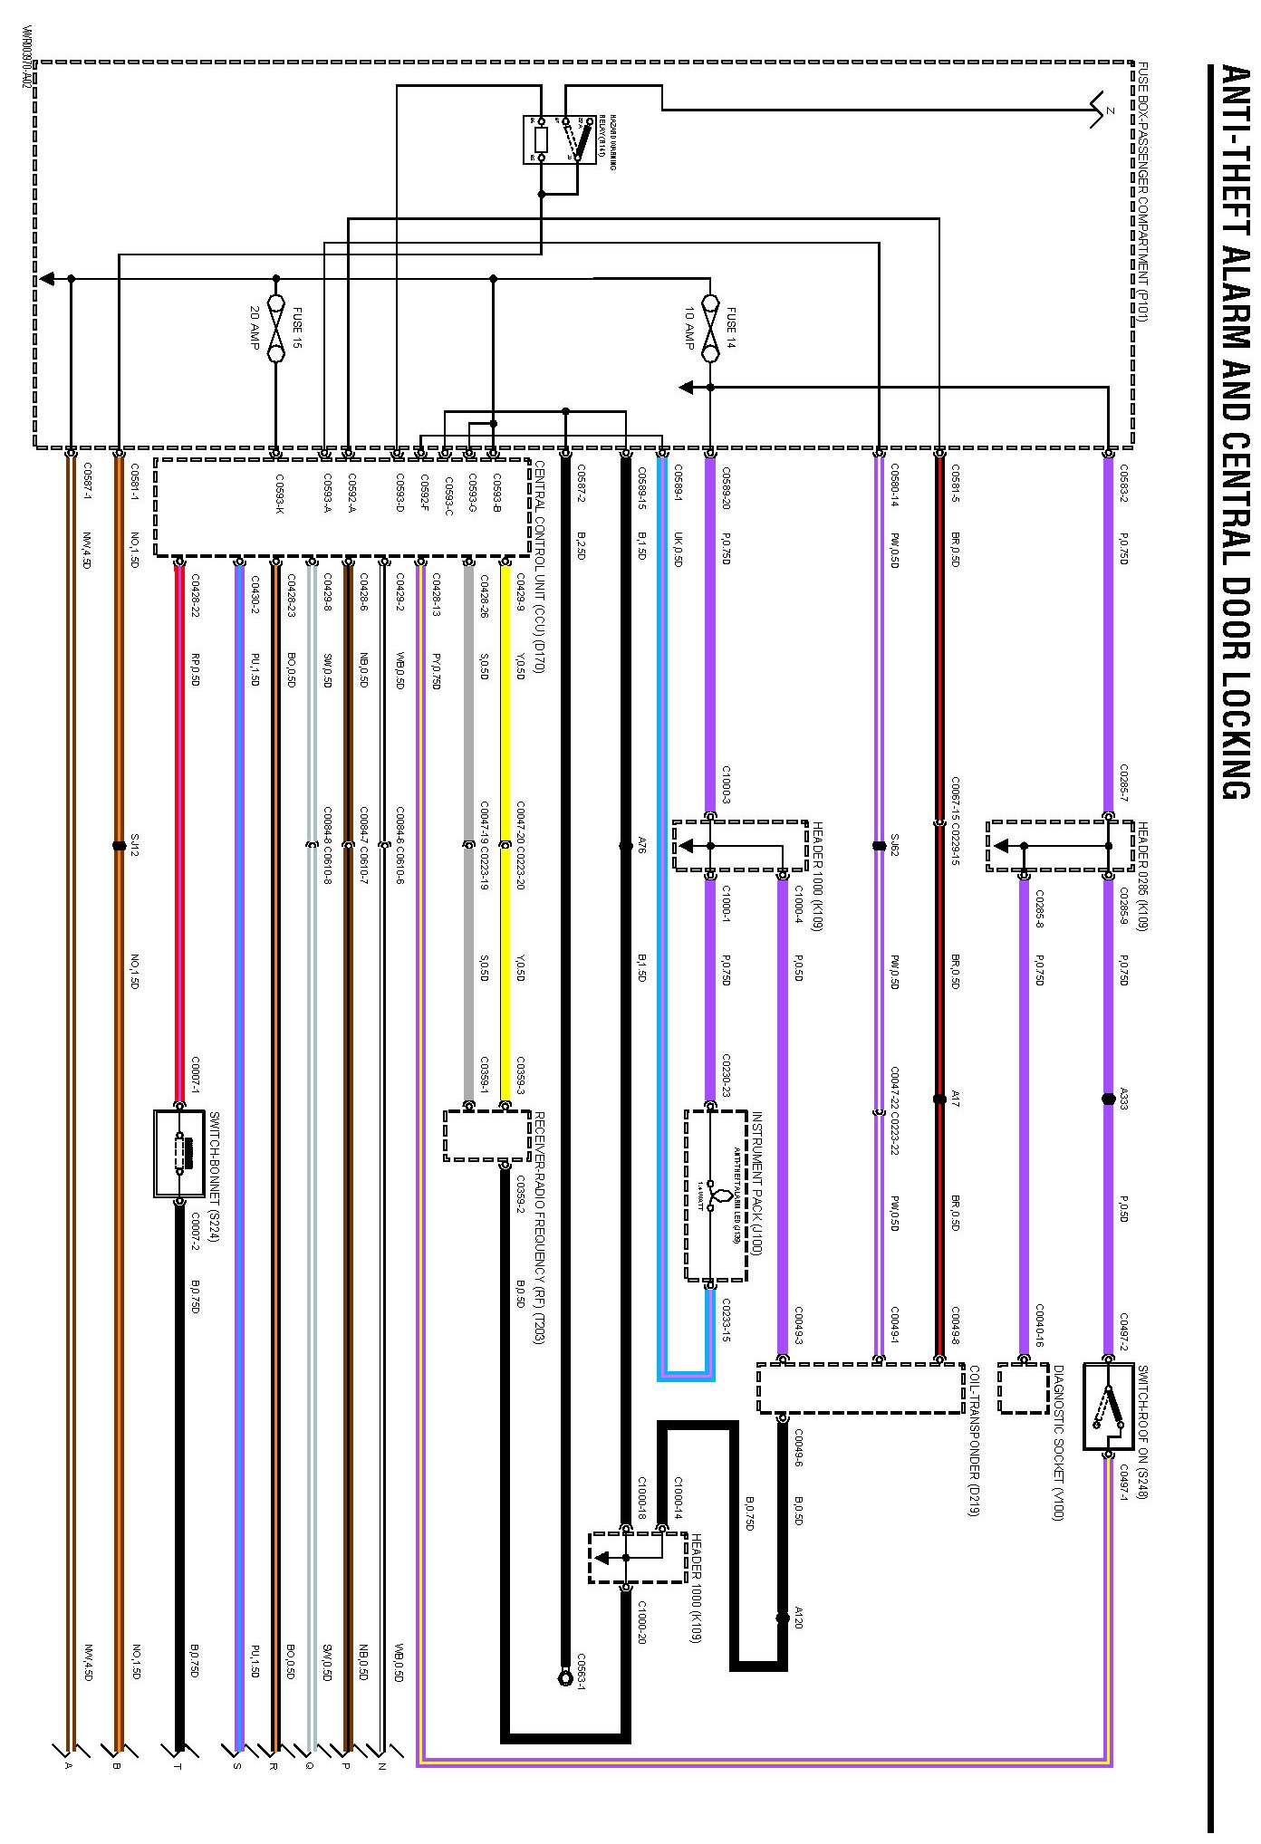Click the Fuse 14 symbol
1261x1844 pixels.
709,328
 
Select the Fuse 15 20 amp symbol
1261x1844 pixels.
275,328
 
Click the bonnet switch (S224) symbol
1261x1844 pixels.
179,1153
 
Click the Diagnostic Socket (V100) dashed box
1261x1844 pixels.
1023,1388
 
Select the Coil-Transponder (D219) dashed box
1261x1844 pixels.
859,1388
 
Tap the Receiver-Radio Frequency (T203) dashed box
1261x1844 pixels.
486,1135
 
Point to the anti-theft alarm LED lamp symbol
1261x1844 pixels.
716,1196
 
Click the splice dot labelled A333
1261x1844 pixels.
1107,1099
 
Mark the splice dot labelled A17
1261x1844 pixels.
939,1100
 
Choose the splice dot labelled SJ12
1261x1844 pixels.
118,846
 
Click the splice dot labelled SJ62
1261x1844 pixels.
878,846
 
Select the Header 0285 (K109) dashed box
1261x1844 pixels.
1060,846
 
